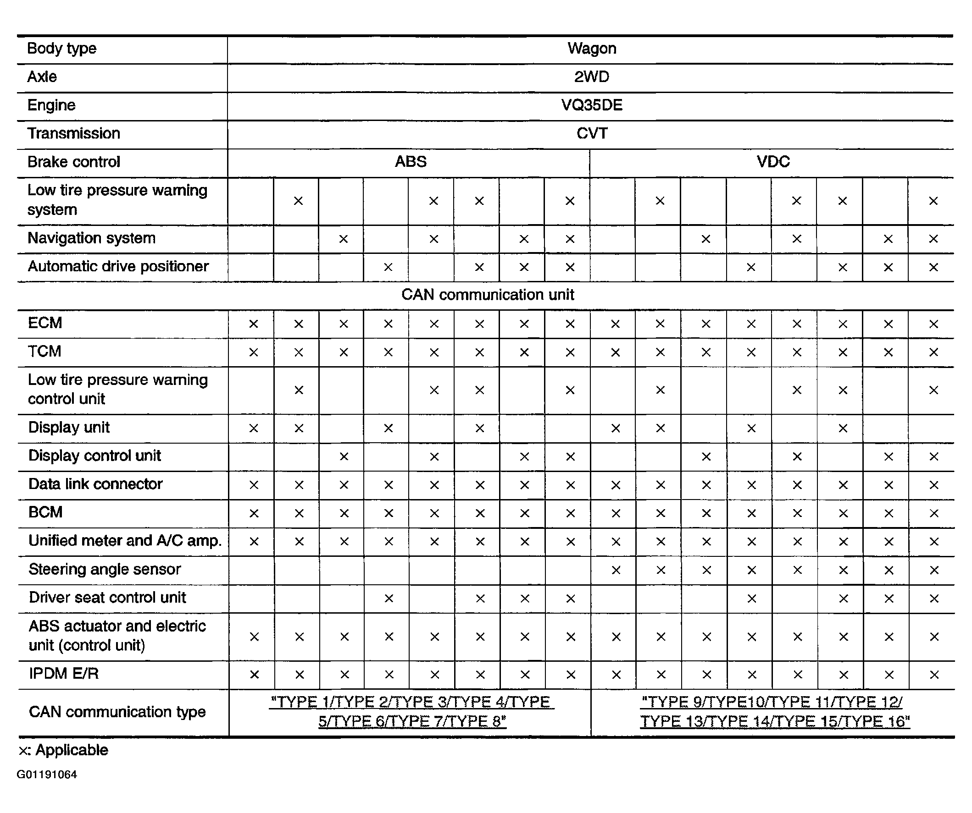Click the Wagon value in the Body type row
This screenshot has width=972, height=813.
(592, 49)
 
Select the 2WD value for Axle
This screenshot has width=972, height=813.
(592, 77)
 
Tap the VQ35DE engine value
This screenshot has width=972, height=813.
(592, 105)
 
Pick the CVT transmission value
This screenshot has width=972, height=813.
(592, 134)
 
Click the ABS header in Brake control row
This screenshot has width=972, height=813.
(411, 162)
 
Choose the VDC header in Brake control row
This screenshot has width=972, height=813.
(773, 162)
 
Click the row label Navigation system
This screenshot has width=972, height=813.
(92, 238)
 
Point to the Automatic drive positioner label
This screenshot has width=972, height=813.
(118, 266)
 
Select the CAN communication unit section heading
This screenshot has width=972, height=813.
(488, 295)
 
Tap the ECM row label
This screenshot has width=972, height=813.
(45, 323)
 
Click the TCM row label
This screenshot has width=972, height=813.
(44, 352)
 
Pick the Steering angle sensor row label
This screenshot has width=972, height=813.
(105, 569)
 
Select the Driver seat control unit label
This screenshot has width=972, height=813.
(107, 598)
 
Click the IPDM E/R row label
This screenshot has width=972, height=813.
(64, 674)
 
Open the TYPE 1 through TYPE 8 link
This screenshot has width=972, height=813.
(411, 712)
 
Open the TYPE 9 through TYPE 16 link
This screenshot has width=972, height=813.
(775, 712)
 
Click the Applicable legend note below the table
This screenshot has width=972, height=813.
(63, 750)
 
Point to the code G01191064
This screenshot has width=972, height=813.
(47, 775)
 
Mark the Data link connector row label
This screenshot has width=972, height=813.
(95, 484)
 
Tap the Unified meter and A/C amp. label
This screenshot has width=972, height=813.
(125, 541)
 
